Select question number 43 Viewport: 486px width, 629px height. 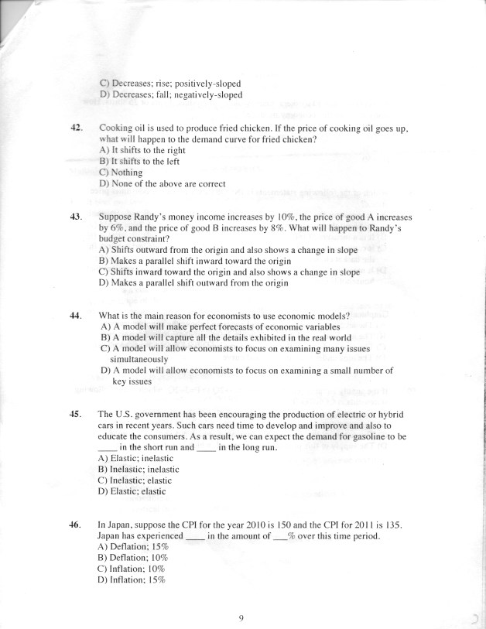click(76, 217)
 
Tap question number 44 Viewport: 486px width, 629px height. click(76, 316)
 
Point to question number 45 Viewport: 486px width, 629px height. click(76, 414)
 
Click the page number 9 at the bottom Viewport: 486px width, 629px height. click(241, 617)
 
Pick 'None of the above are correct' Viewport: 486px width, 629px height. click(162, 184)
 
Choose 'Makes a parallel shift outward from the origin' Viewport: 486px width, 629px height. click(193, 283)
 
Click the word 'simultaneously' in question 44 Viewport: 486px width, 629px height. click(139, 360)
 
